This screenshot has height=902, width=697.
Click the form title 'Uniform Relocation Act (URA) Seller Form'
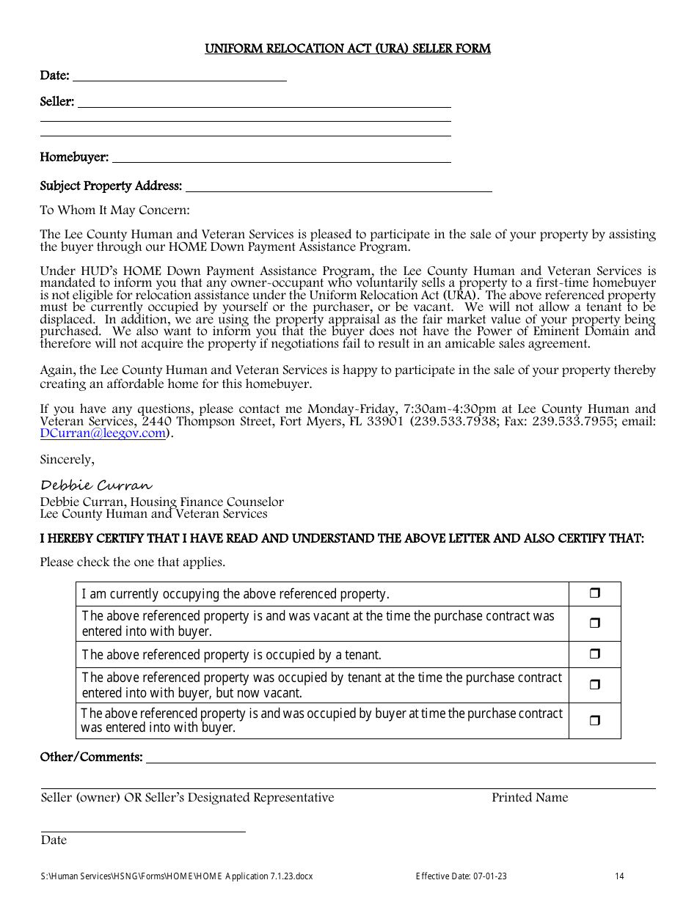[x=348, y=49]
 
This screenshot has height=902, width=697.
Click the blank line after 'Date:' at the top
[x=180, y=76]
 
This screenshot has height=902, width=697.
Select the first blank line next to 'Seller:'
[x=264, y=103]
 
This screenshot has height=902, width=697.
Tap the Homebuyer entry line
[x=281, y=158]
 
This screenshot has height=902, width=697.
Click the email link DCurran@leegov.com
[x=103, y=433]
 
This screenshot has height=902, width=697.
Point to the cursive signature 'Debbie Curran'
[x=96, y=485]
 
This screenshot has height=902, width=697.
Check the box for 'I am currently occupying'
[x=594, y=593]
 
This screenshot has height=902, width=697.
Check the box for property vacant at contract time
[x=594, y=623]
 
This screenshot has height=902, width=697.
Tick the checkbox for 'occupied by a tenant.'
[x=594, y=654]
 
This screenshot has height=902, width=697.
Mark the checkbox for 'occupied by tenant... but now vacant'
[x=594, y=685]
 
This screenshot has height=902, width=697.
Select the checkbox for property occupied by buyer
[x=594, y=720]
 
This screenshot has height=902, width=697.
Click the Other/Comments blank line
[x=400, y=758]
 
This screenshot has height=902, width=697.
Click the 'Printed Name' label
[x=530, y=798]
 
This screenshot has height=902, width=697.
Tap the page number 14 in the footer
[x=619, y=876]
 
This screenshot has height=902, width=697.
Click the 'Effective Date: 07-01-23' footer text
[x=461, y=876]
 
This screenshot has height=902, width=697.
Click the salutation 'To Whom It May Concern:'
[x=114, y=210]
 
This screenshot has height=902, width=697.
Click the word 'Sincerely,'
[x=67, y=460]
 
